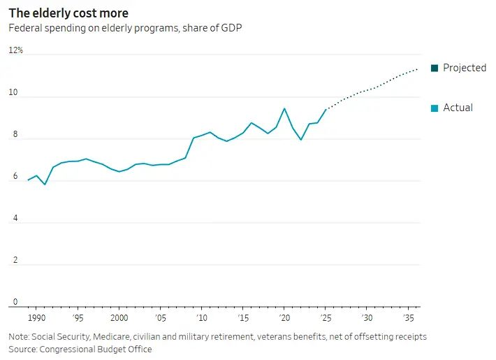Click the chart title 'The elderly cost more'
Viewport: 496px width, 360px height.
pyautogui.click(x=68, y=13)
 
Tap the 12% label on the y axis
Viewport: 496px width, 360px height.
pyautogui.click(x=15, y=50)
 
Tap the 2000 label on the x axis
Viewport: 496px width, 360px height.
pyautogui.click(x=119, y=317)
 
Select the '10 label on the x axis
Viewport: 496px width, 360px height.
pyautogui.click(x=201, y=317)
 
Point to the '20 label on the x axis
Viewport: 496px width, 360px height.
pyautogui.click(x=284, y=317)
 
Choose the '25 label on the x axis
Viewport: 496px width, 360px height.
pyautogui.click(x=325, y=317)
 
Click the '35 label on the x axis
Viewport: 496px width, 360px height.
pyautogui.click(x=407, y=317)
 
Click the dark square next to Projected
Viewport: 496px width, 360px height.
pyautogui.click(x=435, y=68)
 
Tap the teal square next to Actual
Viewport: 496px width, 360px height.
pyautogui.click(x=435, y=108)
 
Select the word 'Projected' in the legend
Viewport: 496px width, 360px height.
pyautogui.click(x=465, y=68)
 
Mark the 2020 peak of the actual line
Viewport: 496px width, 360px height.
pyautogui.click(x=284, y=108)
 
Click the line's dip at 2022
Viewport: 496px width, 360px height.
pyautogui.click(x=301, y=140)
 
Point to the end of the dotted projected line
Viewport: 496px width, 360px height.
pyautogui.click(x=418, y=69)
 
